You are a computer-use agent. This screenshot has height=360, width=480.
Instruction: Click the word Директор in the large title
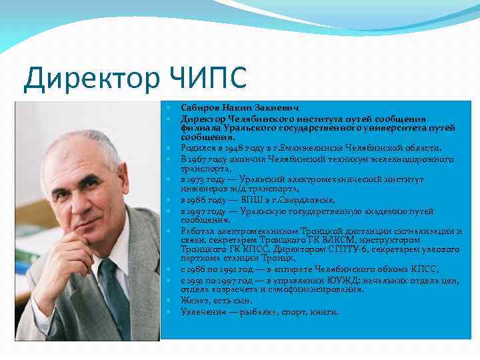click(x=88, y=79)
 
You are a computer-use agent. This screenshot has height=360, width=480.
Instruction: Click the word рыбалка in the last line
click(x=267, y=311)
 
